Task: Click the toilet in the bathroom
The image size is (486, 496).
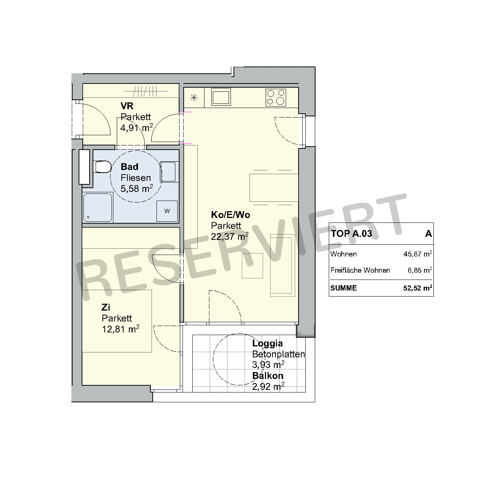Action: pos(103,167)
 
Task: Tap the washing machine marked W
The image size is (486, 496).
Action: pos(167,211)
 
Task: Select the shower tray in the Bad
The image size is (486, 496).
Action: pos(98,207)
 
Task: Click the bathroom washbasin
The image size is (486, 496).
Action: pos(168,172)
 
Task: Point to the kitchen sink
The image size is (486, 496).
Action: pos(221,97)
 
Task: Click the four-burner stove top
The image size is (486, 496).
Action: pos(276,97)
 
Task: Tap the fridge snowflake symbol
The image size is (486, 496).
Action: pos(194,98)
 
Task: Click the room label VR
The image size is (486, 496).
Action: pos(127,106)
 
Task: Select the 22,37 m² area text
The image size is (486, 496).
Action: pos(230,236)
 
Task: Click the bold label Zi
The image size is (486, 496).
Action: pos(105,307)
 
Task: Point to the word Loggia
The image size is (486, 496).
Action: pos(267,343)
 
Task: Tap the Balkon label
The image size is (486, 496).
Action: pos(268,375)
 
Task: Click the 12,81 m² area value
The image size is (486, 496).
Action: pos(121,329)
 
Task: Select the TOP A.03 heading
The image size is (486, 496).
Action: pos(351,234)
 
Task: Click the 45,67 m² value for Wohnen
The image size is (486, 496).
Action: pos(418,254)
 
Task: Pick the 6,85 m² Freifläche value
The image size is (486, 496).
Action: pos(419,270)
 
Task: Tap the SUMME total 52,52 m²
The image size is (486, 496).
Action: pos(418,288)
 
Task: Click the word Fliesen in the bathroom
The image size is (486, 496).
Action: pos(136,178)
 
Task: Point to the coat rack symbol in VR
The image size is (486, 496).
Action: pos(146,91)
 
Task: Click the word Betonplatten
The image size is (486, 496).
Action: pos(279,354)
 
